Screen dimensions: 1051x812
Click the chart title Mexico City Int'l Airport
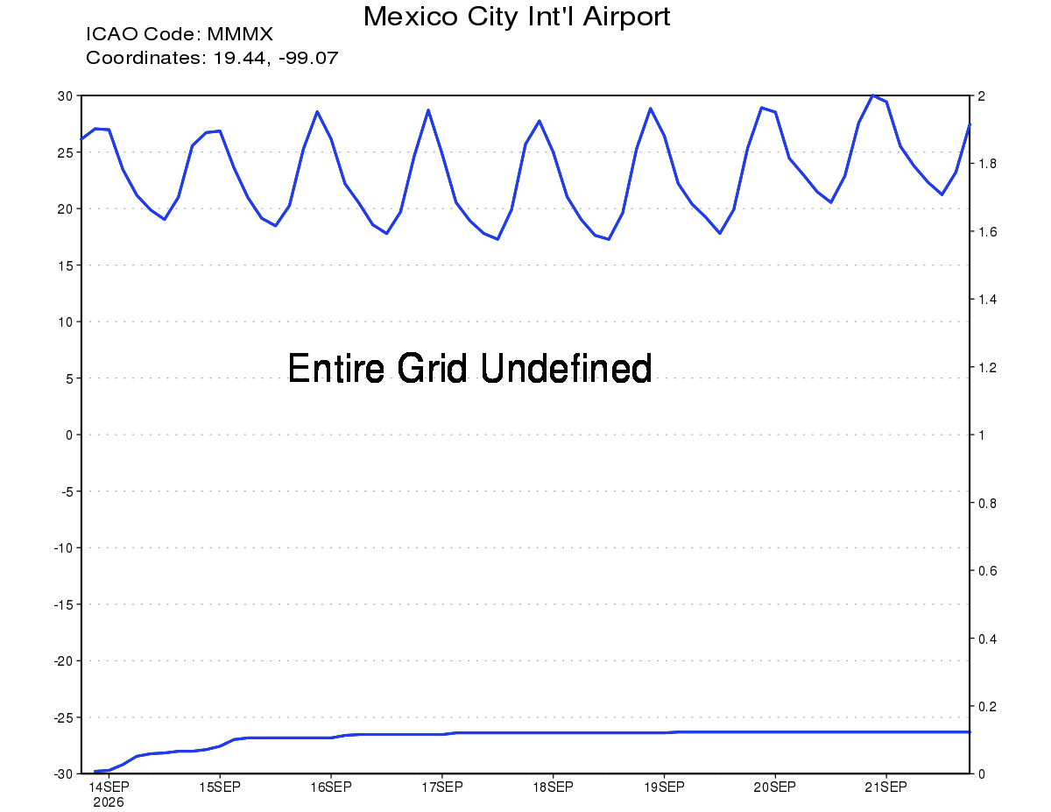click(517, 17)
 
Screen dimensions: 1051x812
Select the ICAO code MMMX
click(240, 34)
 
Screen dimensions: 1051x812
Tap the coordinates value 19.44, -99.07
click(276, 58)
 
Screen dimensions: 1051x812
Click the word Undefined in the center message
click(567, 368)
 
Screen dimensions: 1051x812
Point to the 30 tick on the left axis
click(66, 95)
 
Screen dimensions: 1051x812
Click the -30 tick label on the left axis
click(63, 774)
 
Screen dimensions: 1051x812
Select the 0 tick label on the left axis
click(69, 434)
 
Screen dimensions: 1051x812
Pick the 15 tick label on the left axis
click(66, 265)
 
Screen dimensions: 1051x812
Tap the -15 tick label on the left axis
click(63, 604)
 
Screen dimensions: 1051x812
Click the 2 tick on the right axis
click(981, 95)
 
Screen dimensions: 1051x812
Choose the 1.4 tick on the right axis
click(987, 300)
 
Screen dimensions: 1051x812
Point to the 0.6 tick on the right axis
click(987, 570)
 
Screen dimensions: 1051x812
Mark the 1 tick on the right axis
click(981, 434)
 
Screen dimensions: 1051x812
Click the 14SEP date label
click(109, 787)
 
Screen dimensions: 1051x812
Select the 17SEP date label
click(442, 787)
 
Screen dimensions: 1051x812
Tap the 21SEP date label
click(886, 787)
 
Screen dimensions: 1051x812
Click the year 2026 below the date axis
click(109, 802)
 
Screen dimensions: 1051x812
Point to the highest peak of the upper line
click(872, 95)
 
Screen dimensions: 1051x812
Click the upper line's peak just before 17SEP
click(428, 110)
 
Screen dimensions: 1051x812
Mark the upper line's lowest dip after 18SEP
click(609, 239)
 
